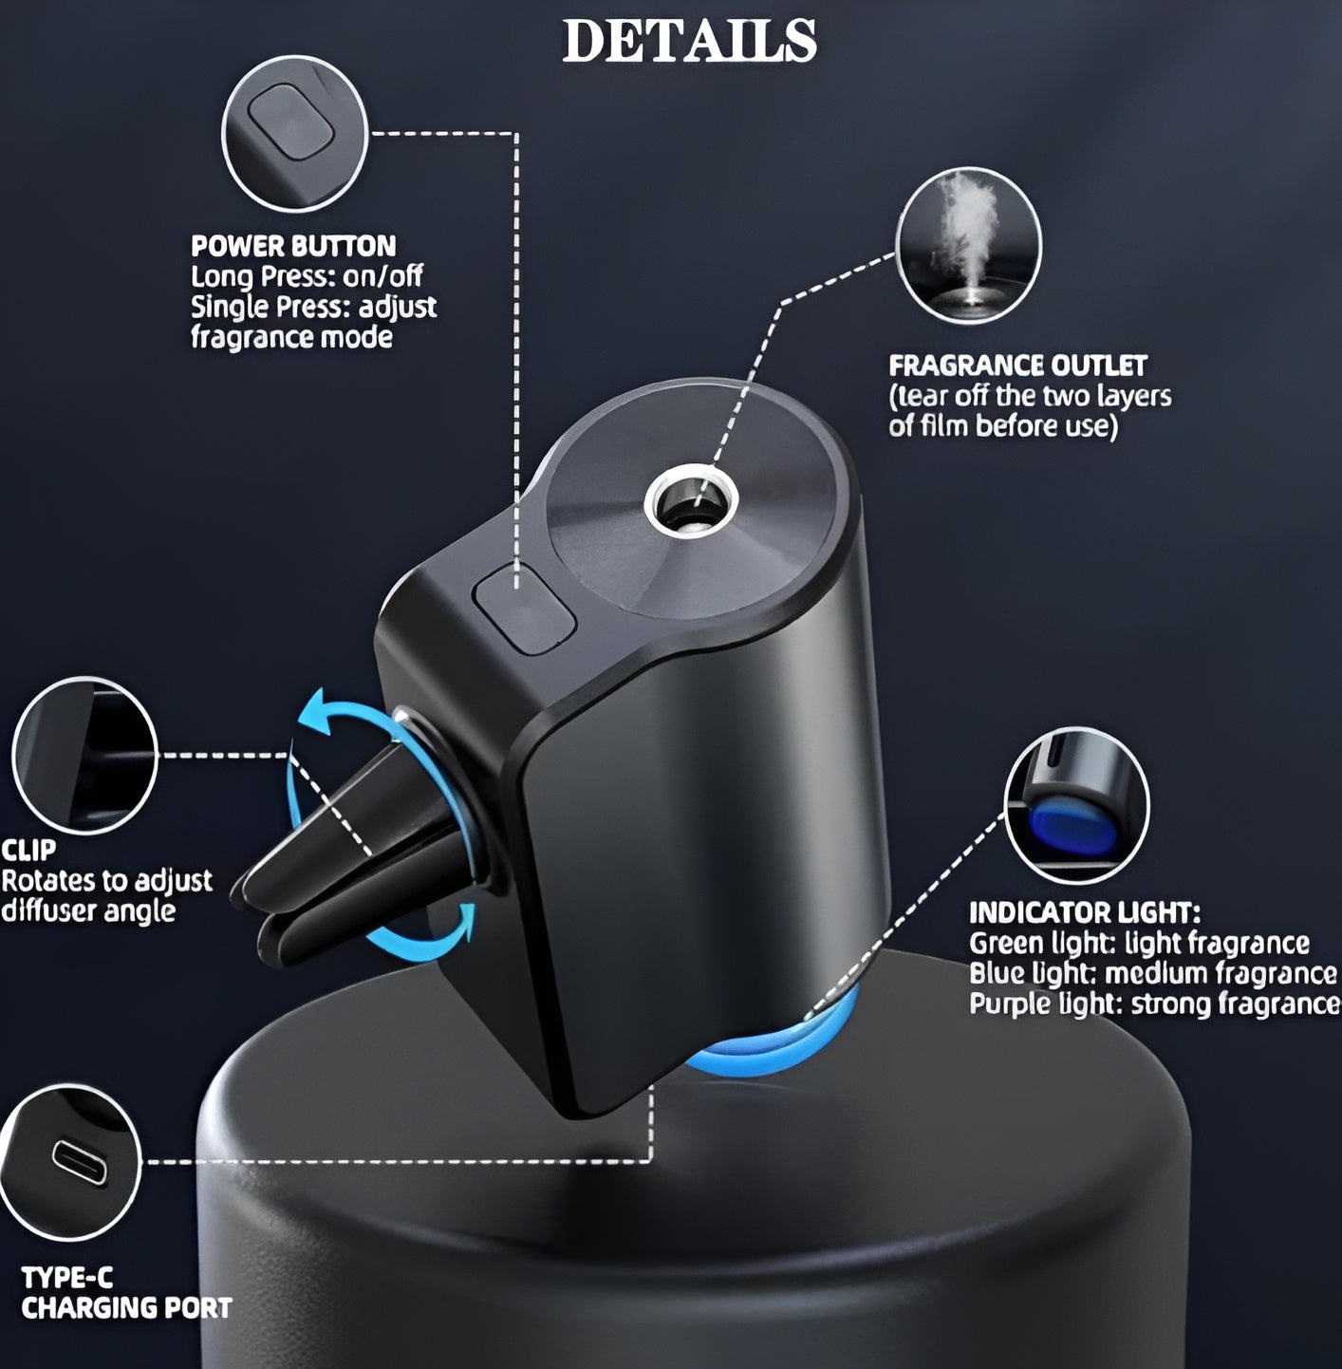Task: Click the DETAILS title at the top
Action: pos(689,42)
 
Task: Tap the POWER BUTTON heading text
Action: pos(293,247)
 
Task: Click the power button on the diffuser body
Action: pos(525,608)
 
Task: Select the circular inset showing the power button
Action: pos(294,139)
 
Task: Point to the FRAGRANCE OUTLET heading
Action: pos(1017,366)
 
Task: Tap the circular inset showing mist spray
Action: pos(968,245)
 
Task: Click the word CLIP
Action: pos(28,850)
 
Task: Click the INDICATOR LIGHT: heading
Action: pos(1084,913)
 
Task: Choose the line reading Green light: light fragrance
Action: pos(1139,944)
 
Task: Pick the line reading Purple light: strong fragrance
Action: pos(1154,1004)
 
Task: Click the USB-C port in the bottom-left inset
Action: pos(80,1162)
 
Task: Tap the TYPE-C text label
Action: pos(67,1278)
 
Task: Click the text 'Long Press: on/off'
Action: pos(307,277)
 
